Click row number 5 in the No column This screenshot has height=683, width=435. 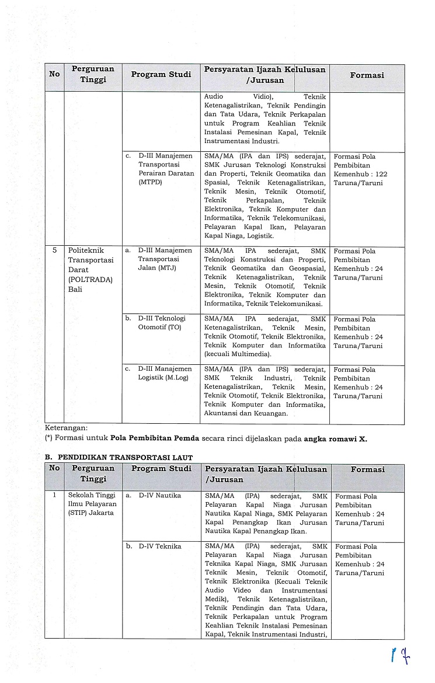54,250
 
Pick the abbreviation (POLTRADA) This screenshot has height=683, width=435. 90,279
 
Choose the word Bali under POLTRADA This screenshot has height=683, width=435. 75,288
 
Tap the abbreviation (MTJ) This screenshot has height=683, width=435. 165,268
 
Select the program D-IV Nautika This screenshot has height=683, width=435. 159,496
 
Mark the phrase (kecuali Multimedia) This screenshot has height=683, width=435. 238,354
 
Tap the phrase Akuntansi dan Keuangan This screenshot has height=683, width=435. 246,413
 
